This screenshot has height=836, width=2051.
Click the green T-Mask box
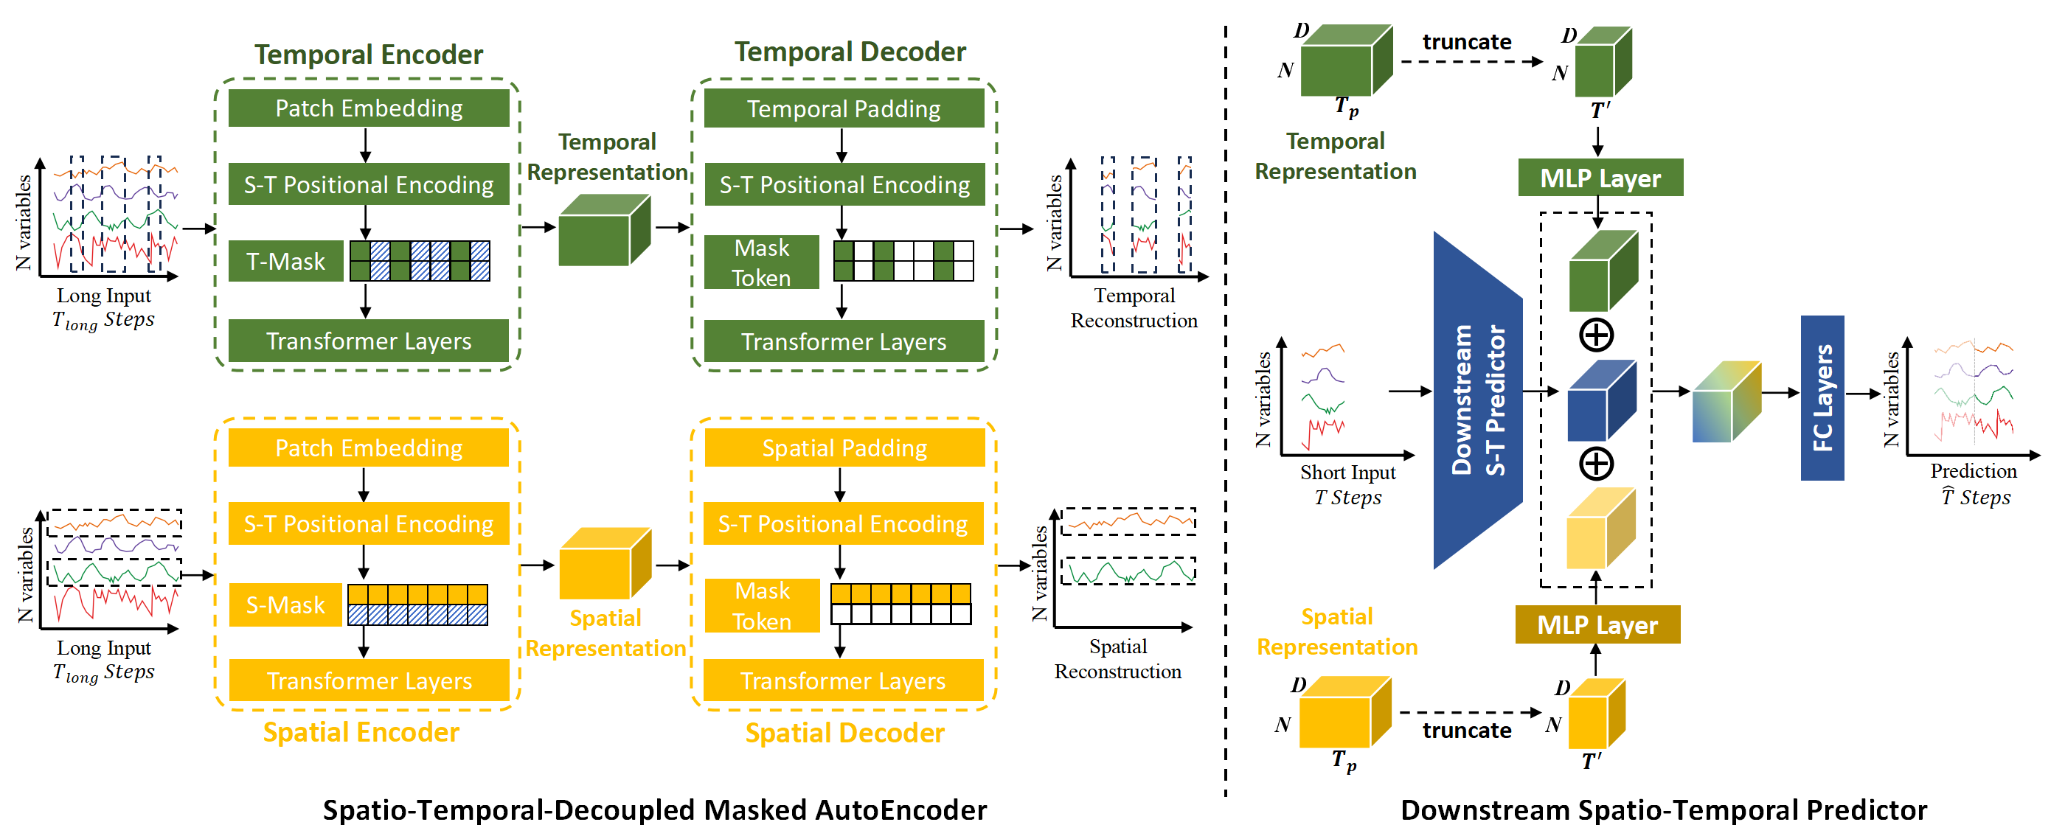[285, 261]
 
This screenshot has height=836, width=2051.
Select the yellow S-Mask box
[285, 605]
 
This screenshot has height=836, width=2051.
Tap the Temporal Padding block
[843, 108]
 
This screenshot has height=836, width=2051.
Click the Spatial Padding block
[844, 448]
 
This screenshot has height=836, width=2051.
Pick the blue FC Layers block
[1822, 398]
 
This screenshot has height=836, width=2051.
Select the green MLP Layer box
[1600, 178]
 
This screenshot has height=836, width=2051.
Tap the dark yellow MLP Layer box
[1597, 625]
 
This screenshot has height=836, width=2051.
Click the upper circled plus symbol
[1595, 335]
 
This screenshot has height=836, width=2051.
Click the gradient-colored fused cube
[1724, 403]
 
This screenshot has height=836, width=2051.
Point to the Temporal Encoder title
[368, 54]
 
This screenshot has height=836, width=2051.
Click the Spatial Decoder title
[844, 733]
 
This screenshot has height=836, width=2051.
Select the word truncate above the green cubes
[1466, 41]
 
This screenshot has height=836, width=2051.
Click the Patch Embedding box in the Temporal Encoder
[368, 108]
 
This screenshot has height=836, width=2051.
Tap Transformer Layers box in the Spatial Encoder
[368, 680]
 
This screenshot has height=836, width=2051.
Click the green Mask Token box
[761, 262]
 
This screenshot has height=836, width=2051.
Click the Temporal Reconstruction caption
[1133, 308]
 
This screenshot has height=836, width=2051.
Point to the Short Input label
[1347, 473]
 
